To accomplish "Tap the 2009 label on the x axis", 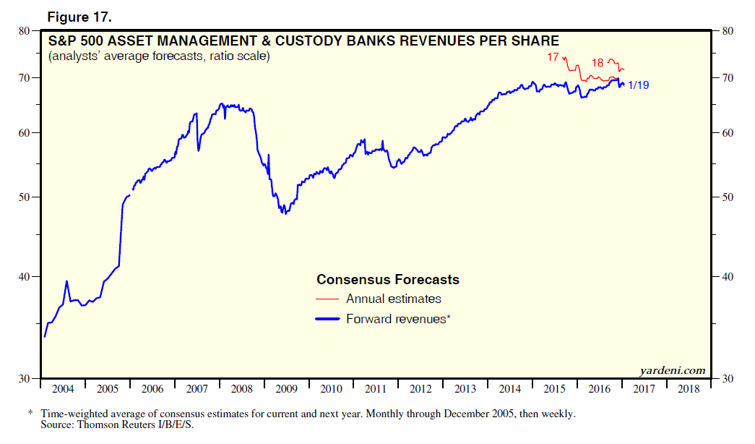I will click(x=287, y=389).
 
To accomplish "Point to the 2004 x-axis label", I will click(x=64, y=389).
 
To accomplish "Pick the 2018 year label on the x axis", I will click(x=689, y=389).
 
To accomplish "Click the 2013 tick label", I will click(x=465, y=389).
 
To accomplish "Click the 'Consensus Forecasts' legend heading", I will click(x=388, y=280).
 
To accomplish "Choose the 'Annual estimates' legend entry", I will click(x=393, y=299).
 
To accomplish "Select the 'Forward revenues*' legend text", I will click(x=398, y=319).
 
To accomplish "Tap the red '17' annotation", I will click(x=553, y=56).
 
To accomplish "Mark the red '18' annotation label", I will click(x=597, y=63).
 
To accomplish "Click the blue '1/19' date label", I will click(x=639, y=85).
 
